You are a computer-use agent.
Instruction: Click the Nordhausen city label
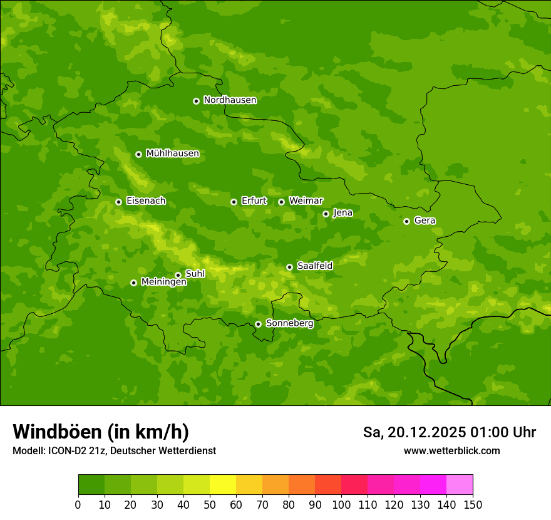click(230, 100)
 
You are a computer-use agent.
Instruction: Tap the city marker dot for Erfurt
click(234, 202)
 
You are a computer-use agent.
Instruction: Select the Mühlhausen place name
click(172, 153)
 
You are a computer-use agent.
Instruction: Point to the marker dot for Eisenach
click(118, 202)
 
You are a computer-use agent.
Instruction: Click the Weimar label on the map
click(306, 201)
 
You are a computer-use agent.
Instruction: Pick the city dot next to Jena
click(326, 214)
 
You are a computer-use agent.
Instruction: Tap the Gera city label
click(425, 221)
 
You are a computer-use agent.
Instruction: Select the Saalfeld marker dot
click(289, 267)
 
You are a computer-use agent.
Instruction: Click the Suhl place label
click(195, 274)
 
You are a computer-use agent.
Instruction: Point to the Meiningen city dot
click(133, 283)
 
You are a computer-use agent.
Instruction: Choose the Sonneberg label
click(289, 323)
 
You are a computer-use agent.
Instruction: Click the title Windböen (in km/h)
click(101, 432)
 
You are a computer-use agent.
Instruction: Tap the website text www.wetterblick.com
click(451, 450)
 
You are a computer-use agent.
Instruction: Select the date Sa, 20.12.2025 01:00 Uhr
click(449, 432)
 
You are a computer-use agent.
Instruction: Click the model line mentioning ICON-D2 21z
click(114, 450)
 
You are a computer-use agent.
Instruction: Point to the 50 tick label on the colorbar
click(210, 504)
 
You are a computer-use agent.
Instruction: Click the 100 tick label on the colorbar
click(341, 504)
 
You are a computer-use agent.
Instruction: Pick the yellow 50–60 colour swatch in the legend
click(223, 485)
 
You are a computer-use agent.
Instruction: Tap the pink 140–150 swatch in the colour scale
click(460, 485)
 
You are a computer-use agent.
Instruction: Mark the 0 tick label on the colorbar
click(78, 504)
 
